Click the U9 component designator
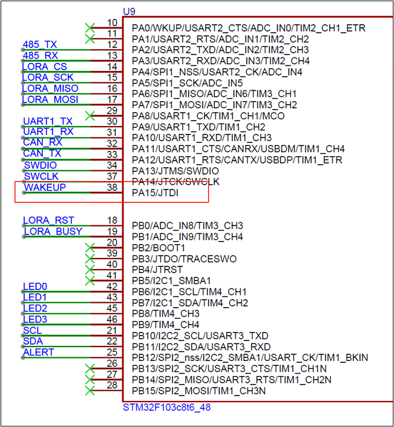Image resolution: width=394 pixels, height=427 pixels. pyautogui.click(x=129, y=12)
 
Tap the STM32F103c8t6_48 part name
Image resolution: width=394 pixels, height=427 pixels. pyautogui.click(x=167, y=408)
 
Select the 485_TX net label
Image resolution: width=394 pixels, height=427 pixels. pyautogui.click(x=40, y=44)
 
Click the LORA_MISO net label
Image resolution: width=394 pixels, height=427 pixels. pyautogui.click(x=50, y=88)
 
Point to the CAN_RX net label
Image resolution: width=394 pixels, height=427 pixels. pyautogui.click(x=43, y=142)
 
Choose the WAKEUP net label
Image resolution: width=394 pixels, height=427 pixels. pyautogui.click(x=45, y=187)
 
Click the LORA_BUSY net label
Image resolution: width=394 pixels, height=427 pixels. pyautogui.click(x=53, y=231)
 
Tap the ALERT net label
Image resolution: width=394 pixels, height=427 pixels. pyautogui.click(x=39, y=352)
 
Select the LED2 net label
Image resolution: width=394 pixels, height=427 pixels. pyautogui.click(x=35, y=308)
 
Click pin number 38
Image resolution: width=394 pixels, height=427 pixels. pyautogui.click(x=112, y=187)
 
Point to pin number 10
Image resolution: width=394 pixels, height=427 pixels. pyautogui.click(x=112, y=22)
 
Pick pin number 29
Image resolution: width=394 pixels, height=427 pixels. pyautogui.click(x=112, y=111)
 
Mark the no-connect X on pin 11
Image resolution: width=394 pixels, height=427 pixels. pyautogui.click(x=90, y=39)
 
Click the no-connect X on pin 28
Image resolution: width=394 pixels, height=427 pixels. pyautogui.click(x=90, y=391)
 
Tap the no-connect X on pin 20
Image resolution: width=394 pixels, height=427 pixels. pyautogui.click(x=90, y=248)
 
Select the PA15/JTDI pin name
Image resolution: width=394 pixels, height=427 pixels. pyautogui.click(x=155, y=193)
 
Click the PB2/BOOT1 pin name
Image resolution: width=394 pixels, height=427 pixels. pyautogui.click(x=159, y=248)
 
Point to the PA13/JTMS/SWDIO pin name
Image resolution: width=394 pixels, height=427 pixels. pyautogui.click(x=176, y=171)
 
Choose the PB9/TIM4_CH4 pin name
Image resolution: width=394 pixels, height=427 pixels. pyautogui.click(x=165, y=325)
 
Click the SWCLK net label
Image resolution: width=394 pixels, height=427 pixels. pyautogui.click(x=41, y=176)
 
